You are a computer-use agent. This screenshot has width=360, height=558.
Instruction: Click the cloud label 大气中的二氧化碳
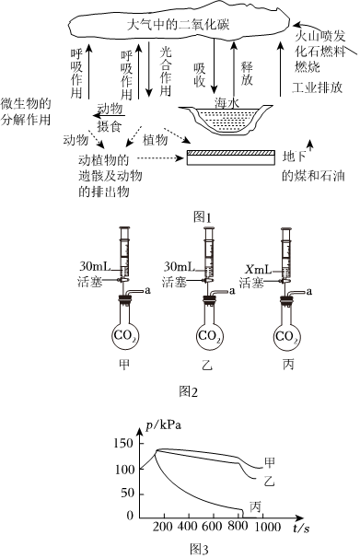point(179,25)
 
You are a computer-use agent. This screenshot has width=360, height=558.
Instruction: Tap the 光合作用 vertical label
point(166,72)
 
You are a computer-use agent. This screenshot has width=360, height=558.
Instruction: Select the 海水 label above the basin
point(226,103)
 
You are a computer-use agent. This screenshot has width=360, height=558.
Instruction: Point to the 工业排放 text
point(318,87)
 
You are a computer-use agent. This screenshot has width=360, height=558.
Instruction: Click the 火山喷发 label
point(320,36)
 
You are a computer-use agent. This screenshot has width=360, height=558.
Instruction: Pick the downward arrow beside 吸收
point(214,65)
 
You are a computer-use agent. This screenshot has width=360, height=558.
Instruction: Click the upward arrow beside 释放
point(234,69)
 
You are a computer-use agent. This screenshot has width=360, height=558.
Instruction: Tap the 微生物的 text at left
point(26,104)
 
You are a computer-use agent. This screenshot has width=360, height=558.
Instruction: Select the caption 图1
point(202,216)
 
